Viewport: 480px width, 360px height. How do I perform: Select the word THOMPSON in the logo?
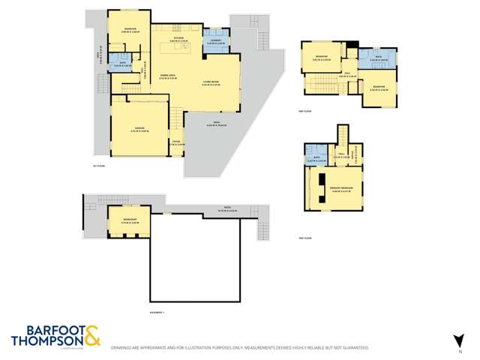[45, 341]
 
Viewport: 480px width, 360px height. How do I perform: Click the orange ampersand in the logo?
[91, 335]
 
